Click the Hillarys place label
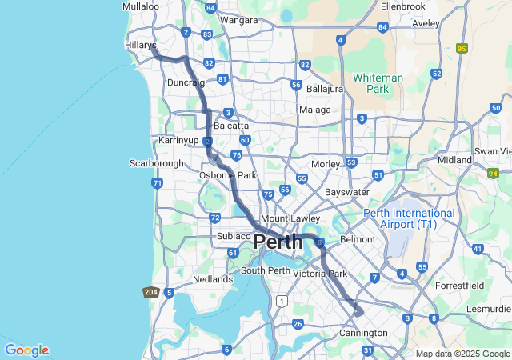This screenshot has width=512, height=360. [140, 46]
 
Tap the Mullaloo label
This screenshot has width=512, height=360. [141, 6]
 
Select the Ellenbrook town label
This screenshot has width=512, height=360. [402, 6]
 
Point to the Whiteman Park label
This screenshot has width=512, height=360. [378, 83]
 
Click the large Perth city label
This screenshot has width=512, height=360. [278, 241]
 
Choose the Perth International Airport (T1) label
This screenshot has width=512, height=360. [410, 218]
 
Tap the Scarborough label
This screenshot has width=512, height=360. [157, 163]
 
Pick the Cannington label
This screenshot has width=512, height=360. [364, 333]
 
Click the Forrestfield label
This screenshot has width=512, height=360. [460, 285]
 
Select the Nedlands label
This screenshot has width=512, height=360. [213, 279]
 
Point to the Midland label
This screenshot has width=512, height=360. [454, 160]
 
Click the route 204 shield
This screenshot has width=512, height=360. [151, 293]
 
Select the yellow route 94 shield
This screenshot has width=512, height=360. [494, 172]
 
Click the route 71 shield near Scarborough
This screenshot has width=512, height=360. [157, 183]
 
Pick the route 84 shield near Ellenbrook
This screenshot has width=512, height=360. [382, 27]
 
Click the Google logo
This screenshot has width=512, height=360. [26, 350]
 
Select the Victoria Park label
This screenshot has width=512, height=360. [320, 274]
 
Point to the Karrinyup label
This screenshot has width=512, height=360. [178, 140]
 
